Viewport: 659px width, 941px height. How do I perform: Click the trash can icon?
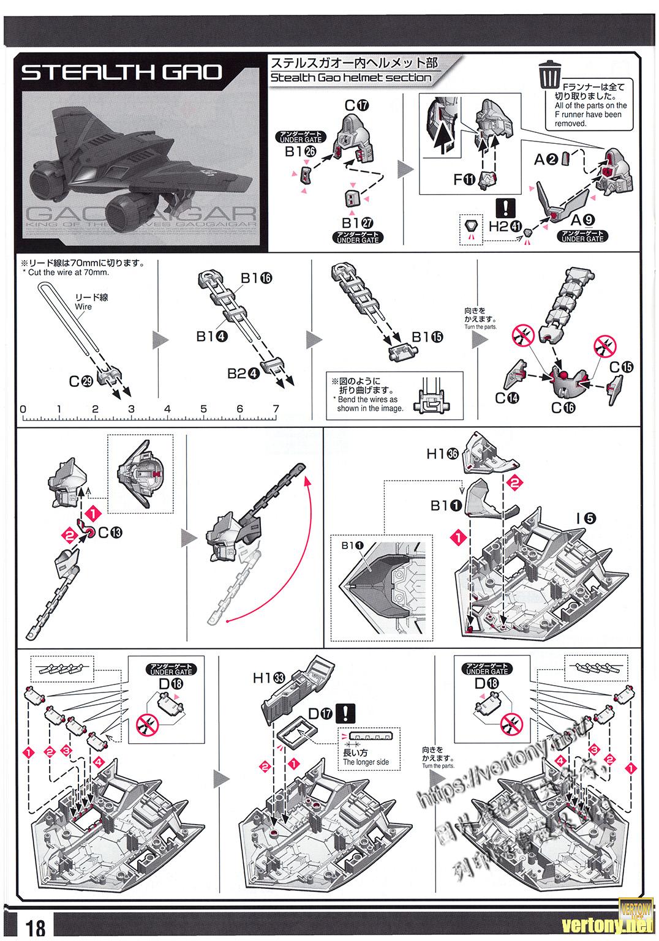549,76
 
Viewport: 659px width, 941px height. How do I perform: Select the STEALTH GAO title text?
121,72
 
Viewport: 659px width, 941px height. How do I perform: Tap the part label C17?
356,105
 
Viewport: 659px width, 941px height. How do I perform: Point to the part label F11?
465,179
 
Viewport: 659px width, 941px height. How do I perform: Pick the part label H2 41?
506,226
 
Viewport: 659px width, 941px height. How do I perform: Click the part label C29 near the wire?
80,381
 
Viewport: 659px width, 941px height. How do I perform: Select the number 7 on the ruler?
276,409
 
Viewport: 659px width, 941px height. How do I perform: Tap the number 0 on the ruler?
23,409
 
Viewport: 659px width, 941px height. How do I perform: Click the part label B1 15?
427,336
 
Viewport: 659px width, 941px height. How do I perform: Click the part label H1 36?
443,454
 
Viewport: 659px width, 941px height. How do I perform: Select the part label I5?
586,518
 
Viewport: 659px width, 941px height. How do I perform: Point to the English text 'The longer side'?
366,762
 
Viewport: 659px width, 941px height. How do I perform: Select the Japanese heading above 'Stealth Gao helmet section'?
354,63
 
